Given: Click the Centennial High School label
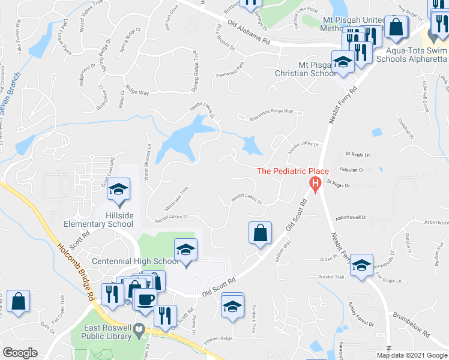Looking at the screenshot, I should click(x=136, y=261).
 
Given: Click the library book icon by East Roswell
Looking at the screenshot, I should click(x=139, y=329).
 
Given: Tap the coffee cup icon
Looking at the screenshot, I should click(x=145, y=299).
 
